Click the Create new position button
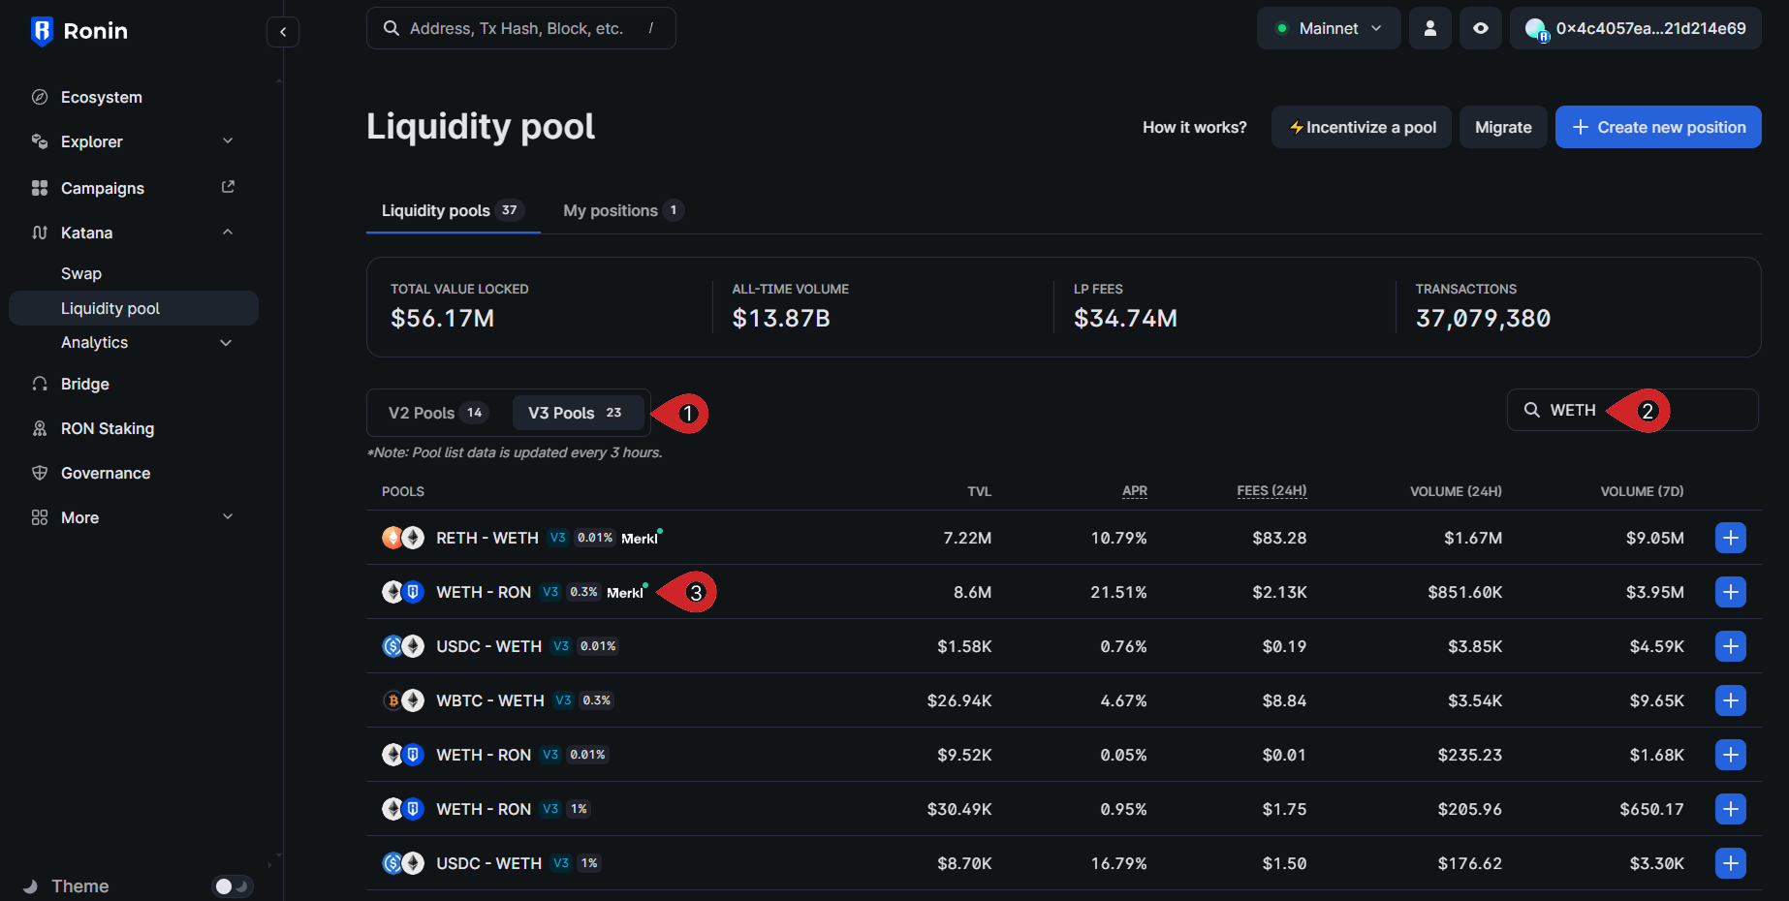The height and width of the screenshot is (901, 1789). click(x=1657, y=127)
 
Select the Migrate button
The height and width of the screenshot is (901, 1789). click(x=1502, y=127)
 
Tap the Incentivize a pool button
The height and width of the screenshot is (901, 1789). click(x=1361, y=127)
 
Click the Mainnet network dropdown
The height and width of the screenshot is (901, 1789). click(x=1328, y=28)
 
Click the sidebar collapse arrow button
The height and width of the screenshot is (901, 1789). click(x=282, y=32)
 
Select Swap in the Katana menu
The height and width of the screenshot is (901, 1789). click(x=81, y=273)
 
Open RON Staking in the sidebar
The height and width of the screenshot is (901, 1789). click(x=107, y=428)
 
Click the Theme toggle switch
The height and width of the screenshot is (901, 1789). click(x=232, y=885)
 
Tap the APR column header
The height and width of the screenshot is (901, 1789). click(x=1134, y=491)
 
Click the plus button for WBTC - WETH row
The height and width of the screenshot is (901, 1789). click(x=1730, y=700)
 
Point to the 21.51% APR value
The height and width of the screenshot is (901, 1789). click(x=1118, y=592)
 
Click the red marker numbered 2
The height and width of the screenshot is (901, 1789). click(x=1646, y=411)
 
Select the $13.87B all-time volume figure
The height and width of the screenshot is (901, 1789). click(x=781, y=319)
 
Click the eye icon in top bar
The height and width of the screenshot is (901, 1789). click(x=1480, y=28)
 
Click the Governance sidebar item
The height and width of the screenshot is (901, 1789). click(x=106, y=473)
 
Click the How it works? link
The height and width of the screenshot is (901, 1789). click(x=1194, y=127)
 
